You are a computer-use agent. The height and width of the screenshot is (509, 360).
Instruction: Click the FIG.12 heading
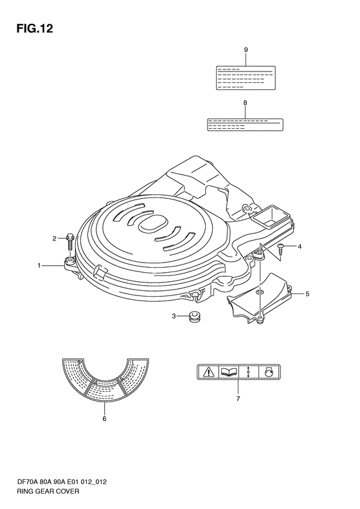tap(35, 29)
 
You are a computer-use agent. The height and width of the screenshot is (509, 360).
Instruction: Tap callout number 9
tap(246, 50)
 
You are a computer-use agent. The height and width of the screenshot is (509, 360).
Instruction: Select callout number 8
tap(245, 103)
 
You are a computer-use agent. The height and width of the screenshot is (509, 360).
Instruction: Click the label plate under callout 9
tap(246, 78)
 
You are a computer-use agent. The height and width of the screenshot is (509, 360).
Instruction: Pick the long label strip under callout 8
tap(245, 125)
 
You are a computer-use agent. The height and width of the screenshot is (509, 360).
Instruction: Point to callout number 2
tap(55, 239)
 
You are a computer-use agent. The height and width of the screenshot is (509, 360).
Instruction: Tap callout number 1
tap(39, 266)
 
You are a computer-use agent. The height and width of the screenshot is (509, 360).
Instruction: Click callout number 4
tap(300, 246)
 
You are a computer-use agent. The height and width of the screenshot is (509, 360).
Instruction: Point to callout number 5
tap(307, 294)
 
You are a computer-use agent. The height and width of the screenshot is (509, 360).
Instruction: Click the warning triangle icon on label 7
tap(208, 372)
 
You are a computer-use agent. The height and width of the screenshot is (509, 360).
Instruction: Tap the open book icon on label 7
tap(229, 372)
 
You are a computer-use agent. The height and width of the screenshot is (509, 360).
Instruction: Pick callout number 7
tap(238, 398)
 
